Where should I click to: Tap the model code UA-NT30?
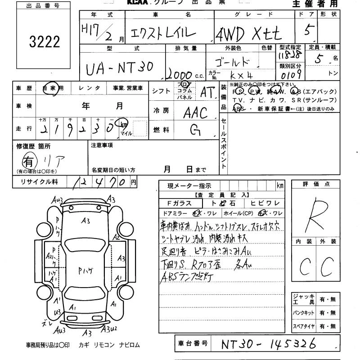119,68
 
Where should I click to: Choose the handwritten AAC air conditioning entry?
195,112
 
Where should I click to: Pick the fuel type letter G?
195,130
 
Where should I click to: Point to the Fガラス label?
176,203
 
